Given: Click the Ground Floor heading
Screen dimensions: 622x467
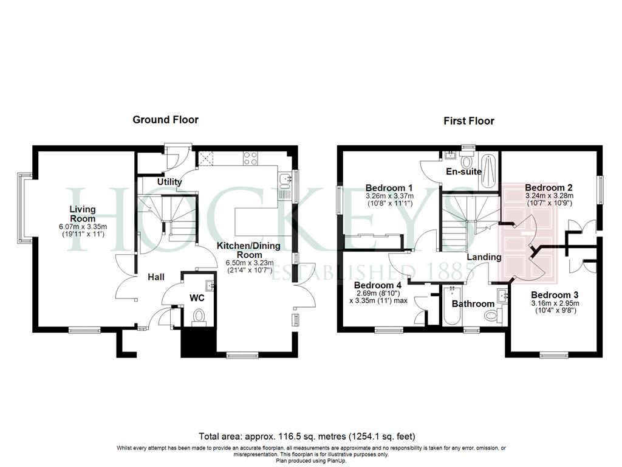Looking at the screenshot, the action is (x=165, y=120).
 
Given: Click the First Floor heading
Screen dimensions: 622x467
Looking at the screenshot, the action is (x=469, y=121).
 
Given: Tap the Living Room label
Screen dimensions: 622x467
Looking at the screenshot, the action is (x=83, y=213).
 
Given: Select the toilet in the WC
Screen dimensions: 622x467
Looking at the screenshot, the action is (x=198, y=317).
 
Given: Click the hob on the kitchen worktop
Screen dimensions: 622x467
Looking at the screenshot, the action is (x=251, y=158).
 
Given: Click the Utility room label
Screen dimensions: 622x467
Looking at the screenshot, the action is (x=169, y=182).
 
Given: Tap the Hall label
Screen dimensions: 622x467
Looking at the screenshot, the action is (x=156, y=277).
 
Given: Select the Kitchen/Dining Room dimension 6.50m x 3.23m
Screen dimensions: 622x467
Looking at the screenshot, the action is (x=250, y=263).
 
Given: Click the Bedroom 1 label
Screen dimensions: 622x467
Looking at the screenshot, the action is (x=389, y=188).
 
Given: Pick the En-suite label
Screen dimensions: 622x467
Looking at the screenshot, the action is (x=463, y=171).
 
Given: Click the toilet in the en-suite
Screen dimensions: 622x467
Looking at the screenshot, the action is (x=466, y=161).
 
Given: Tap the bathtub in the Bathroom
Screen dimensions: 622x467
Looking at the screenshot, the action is (x=452, y=305).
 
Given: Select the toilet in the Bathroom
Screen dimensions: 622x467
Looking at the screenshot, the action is (x=493, y=316).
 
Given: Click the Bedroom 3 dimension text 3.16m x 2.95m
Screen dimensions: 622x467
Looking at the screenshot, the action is (x=555, y=303).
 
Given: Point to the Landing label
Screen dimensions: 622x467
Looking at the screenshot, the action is (x=484, y=257).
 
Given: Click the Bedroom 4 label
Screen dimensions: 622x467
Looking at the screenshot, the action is (x=378, y=285).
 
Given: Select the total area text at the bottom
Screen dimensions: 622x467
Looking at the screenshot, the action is (x=307, y=437).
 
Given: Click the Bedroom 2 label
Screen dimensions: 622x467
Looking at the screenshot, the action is (x=549, y=187).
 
